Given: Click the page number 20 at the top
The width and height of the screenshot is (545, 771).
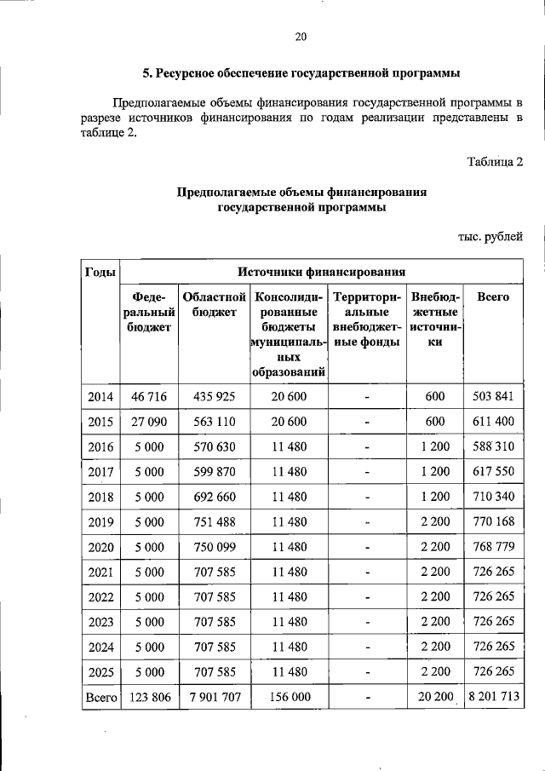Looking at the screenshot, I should (x=300, y=36).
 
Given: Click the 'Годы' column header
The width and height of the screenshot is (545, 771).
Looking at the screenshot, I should (x=100, y=272).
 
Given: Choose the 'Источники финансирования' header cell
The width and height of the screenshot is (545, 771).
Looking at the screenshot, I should (x=321, y=272).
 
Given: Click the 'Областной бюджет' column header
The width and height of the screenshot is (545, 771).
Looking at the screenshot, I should (x=214, y=305).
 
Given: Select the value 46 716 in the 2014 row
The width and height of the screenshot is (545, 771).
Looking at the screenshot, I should (x=148, y=397).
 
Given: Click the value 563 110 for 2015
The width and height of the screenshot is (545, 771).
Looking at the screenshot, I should (x=214, y=422).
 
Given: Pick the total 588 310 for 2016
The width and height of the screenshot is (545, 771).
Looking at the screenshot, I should (x=493, y=446).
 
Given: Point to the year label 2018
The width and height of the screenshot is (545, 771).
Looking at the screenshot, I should (x=100, y=497).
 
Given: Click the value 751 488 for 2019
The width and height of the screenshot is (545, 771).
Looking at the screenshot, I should (x=214, y=521).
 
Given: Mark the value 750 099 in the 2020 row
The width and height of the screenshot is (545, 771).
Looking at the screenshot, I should (x=214, y=546).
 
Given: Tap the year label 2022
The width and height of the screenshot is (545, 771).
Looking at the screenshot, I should (x=100, y=596).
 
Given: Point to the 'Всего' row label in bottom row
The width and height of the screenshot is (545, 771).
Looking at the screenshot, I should (x=100, y=696).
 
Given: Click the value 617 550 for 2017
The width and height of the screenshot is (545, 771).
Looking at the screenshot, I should (x=493, y=471).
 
